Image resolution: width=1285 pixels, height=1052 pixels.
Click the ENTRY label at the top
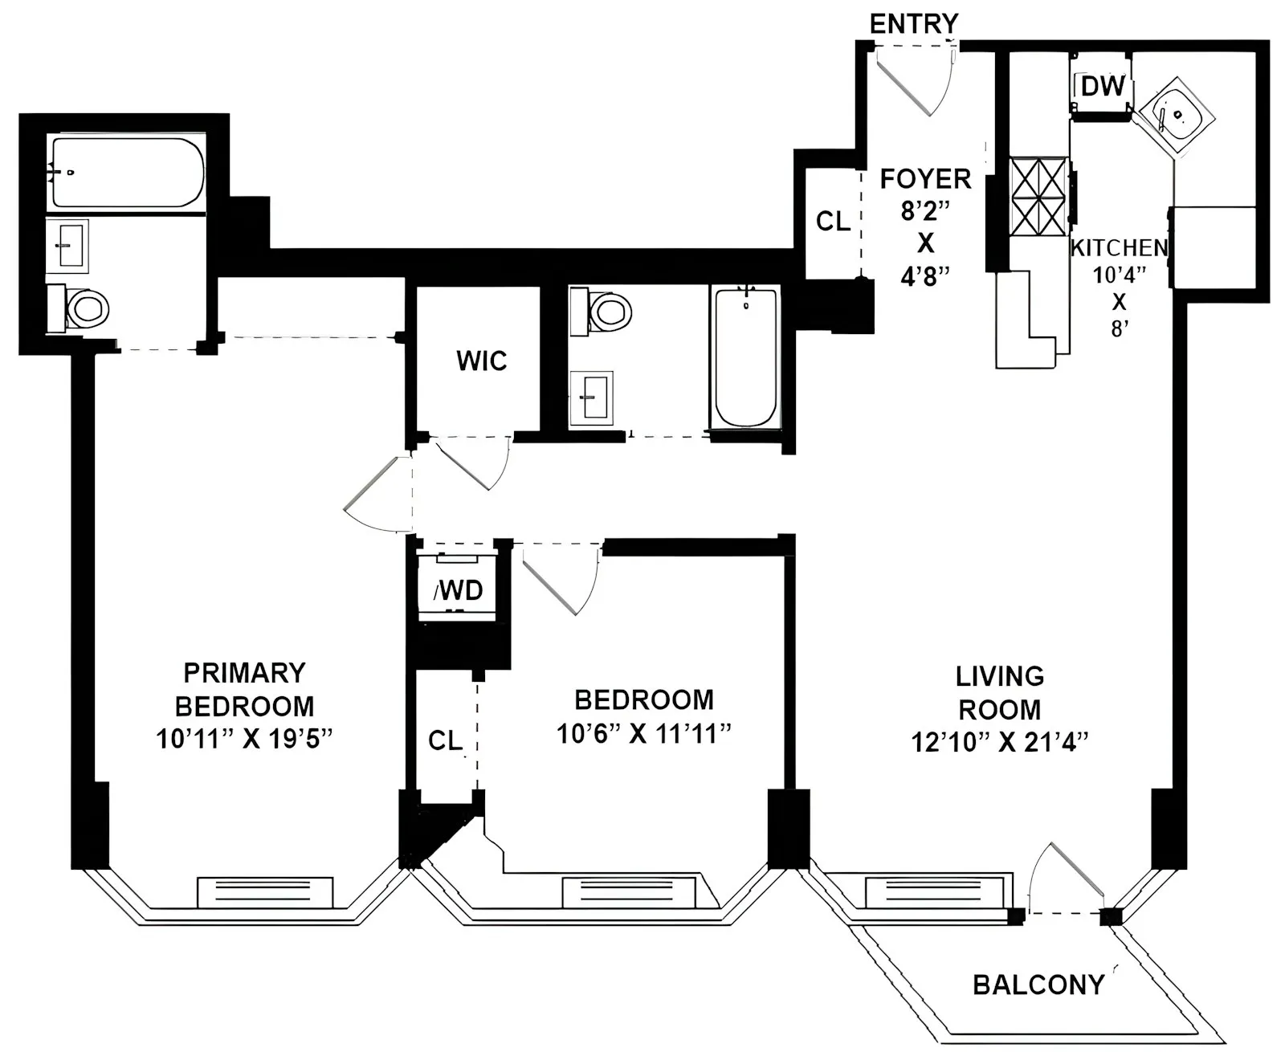click(913, 23)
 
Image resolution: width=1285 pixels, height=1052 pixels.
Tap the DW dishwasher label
click(1102, 86)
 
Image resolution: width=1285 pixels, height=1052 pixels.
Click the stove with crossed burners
click(1038, 197)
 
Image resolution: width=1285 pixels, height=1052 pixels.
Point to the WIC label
click(482, 361)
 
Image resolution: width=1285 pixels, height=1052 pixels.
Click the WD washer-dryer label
click(459, 591)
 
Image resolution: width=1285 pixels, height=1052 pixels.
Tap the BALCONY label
click(1038, 985)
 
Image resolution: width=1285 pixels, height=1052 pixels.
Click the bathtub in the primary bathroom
click(127, 173)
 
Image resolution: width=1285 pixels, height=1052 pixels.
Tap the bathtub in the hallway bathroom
click(745, 357)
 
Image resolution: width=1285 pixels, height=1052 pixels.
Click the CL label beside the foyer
click(833, 221)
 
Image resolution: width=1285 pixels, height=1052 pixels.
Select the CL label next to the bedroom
click(444, 740)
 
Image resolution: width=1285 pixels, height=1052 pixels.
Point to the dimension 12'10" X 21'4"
click(999, 742)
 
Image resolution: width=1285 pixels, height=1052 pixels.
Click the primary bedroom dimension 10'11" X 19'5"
click(244, 739)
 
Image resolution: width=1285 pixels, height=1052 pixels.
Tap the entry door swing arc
click(916, 80)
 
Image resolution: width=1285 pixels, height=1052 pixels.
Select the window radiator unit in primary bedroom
click(265, 891)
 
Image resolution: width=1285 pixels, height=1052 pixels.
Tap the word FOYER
click(925, 178)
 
